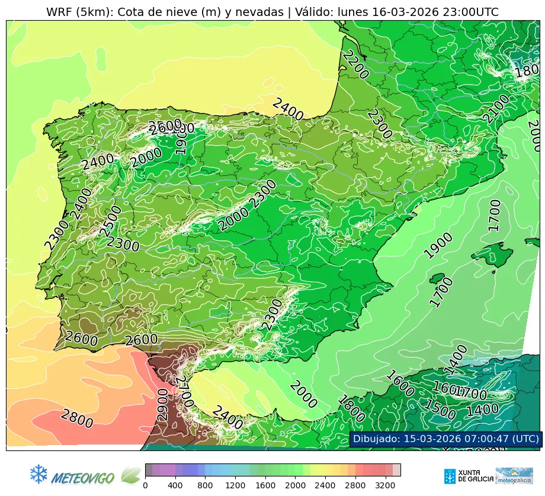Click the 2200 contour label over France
click(355, 65)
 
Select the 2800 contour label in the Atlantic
click(77, 419)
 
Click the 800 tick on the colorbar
click(205, 485)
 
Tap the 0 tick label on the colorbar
click(145, 485)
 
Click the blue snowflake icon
click(39, 474)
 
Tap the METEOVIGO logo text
click(83, 476)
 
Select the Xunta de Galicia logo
click(467, 476)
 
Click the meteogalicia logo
click(514, 476)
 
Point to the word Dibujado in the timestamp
click(375, 439)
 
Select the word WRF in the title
click(59, 12)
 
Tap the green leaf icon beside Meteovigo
click(130, 475)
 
